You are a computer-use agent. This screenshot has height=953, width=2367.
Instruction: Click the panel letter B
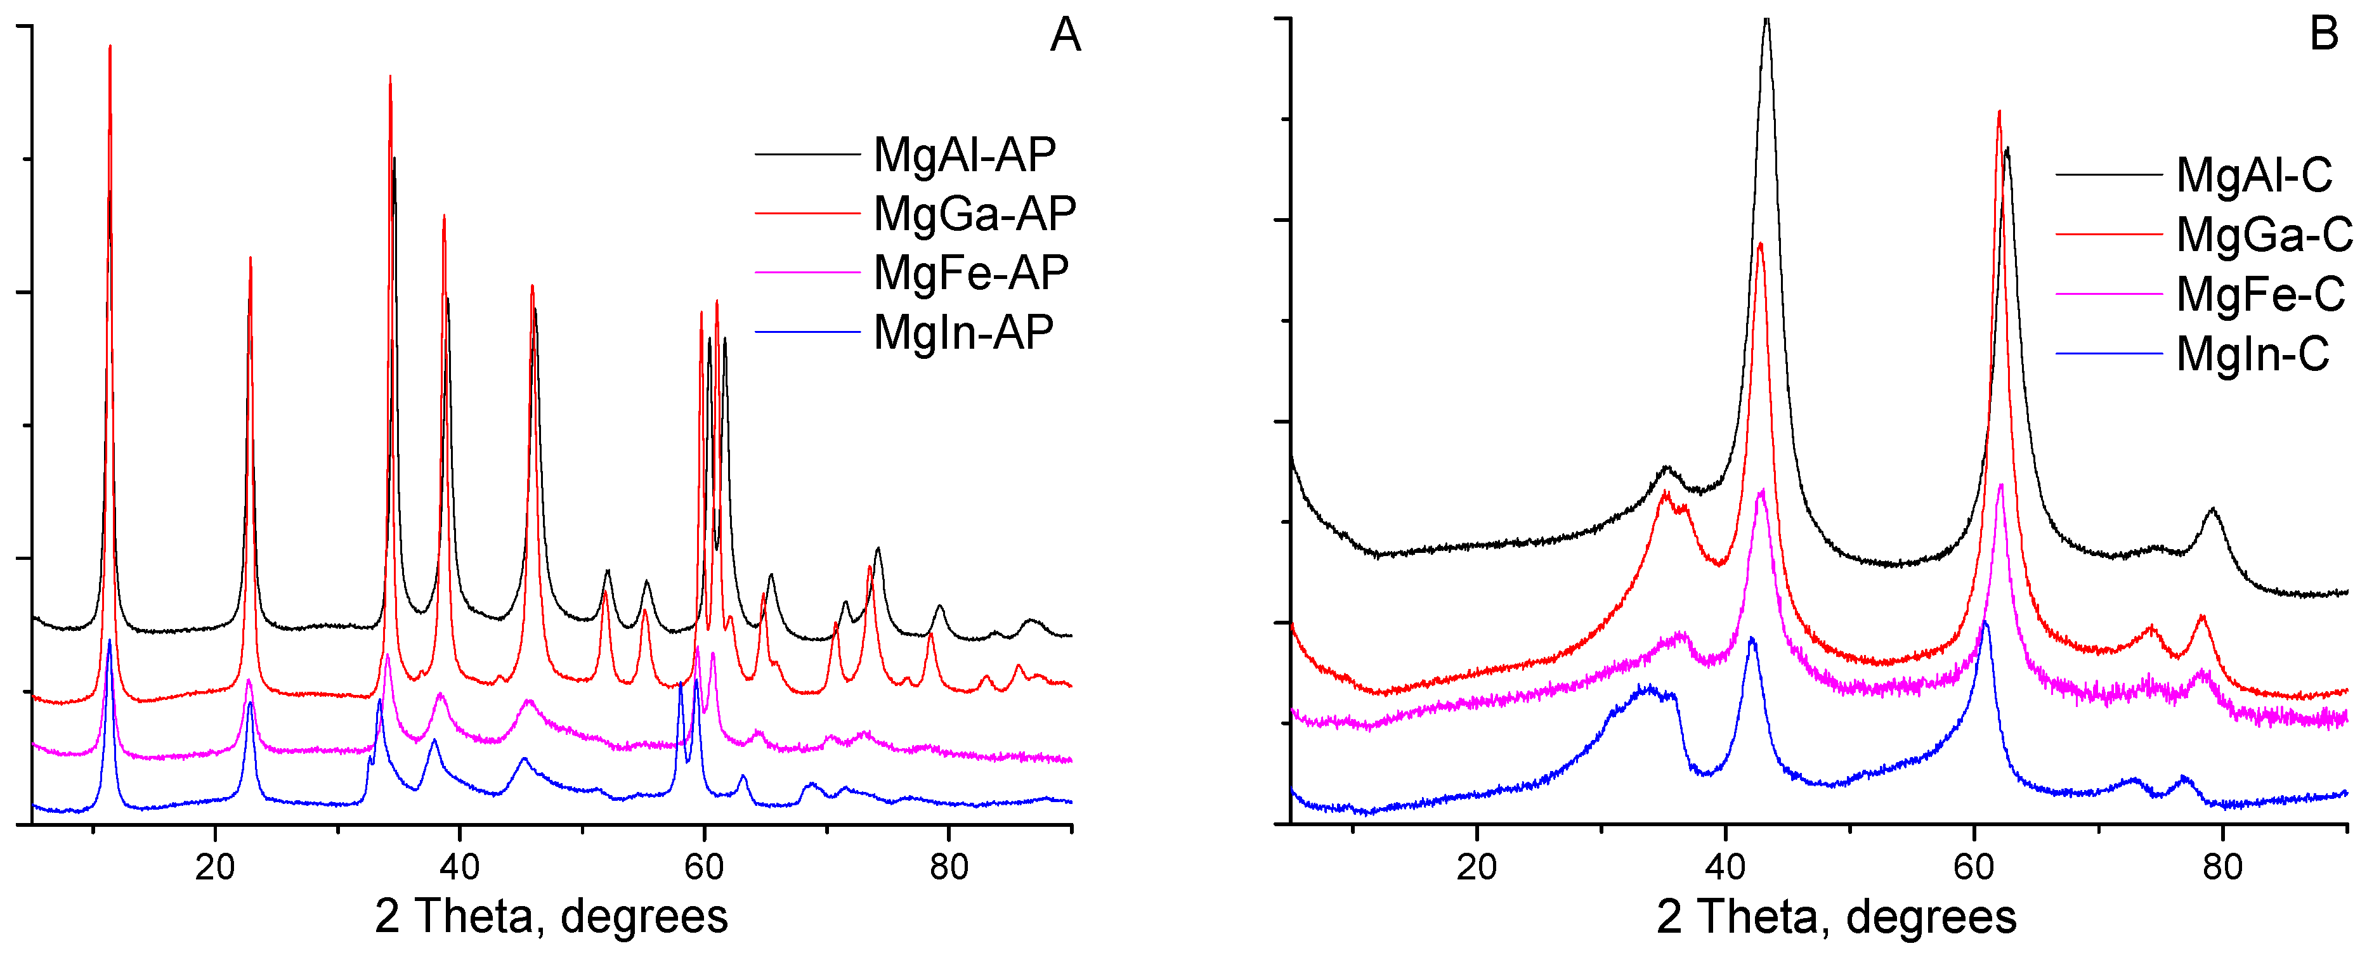(x=2324, y=35)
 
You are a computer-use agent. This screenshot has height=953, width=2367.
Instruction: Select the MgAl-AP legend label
(x=964, y=154)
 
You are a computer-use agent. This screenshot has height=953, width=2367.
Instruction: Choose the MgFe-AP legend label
(x=970, y=272)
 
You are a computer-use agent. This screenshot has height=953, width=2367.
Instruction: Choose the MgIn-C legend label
(x=2252, y=354)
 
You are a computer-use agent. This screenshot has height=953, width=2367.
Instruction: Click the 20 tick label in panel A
(x=215, y=867)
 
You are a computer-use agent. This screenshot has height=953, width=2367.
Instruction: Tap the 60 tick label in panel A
(x=704, y=867)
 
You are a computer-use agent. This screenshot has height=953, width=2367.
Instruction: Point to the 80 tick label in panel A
(x=948, y=867)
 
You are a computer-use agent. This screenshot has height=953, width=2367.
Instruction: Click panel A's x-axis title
(x=551, y=916)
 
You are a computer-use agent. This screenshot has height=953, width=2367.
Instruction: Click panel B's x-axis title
(x=1836, y=916)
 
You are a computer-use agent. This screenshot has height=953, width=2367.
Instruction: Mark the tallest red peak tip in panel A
(x=110, y=45)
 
